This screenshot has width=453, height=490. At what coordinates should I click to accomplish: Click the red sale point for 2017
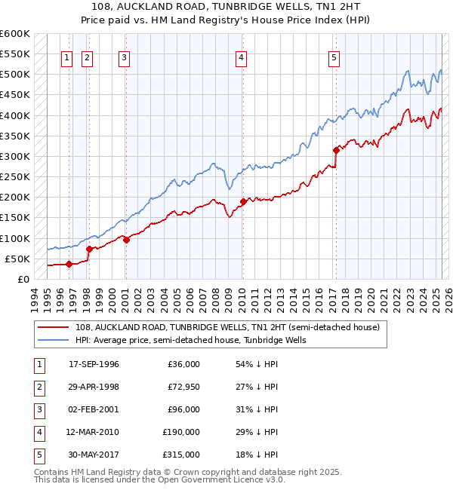[335, 150]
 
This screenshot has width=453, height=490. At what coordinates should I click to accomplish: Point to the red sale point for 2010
[243, 201]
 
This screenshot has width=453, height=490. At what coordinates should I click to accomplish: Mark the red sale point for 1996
[69, 264]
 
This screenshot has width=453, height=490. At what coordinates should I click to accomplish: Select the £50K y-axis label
[18, 259]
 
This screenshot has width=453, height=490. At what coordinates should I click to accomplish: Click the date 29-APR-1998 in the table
[94, 387]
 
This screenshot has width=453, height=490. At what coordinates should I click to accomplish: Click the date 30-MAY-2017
[94, 455]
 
